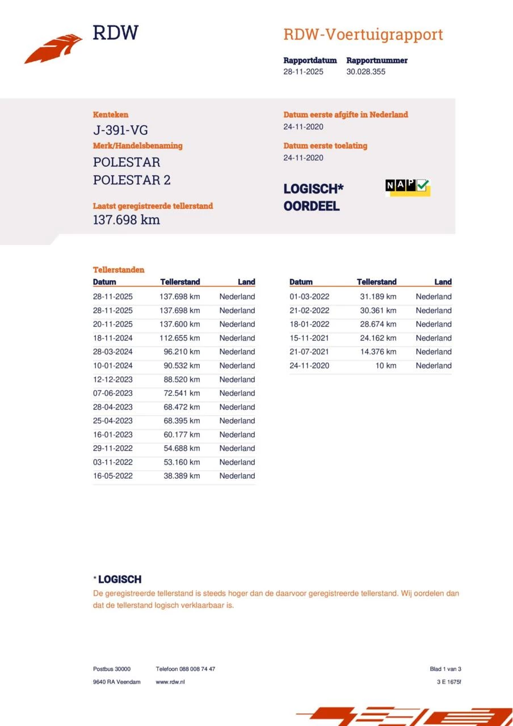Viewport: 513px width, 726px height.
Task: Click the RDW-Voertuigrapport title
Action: (x=363, y=35)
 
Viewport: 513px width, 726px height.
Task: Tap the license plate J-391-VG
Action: (x=120, y=130)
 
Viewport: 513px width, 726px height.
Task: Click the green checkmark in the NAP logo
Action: (x=422, y=185)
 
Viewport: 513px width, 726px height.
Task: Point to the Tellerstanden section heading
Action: (x=119, y=270)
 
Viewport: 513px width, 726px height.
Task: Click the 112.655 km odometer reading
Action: (x=179, y=338)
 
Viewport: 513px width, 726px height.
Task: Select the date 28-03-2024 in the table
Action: (x=113, y=352)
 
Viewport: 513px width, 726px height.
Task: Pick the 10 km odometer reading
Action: (x=386, y=366)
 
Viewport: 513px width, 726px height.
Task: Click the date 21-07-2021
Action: (x=309, y=352)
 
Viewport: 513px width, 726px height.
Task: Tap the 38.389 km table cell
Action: (x=179, y=476)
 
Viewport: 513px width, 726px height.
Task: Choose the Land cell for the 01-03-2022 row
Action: (x=434, y=297)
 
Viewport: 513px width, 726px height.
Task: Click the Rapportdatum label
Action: (x=310, y=60)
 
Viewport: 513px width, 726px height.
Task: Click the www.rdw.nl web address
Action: (x=170, y=682)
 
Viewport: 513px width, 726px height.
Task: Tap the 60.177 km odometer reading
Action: (x=179, y=434)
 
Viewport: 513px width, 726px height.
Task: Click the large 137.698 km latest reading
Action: (x=127, y=220)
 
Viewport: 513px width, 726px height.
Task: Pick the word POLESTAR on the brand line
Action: (x=127, y=162)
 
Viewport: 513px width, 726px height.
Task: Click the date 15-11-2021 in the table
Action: (x=309, y=338)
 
